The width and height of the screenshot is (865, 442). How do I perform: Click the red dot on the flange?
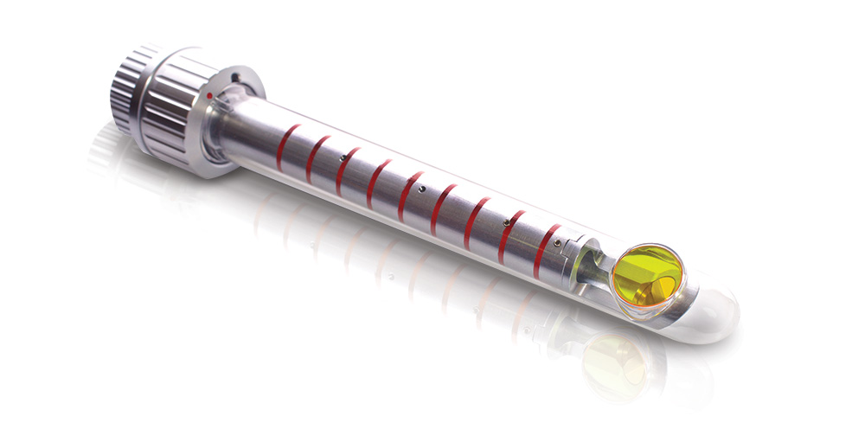[x=209, y=94]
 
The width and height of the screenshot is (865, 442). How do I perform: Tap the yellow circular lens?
[x=648, y=275]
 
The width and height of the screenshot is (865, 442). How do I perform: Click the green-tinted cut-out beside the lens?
[x=597, y=263]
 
